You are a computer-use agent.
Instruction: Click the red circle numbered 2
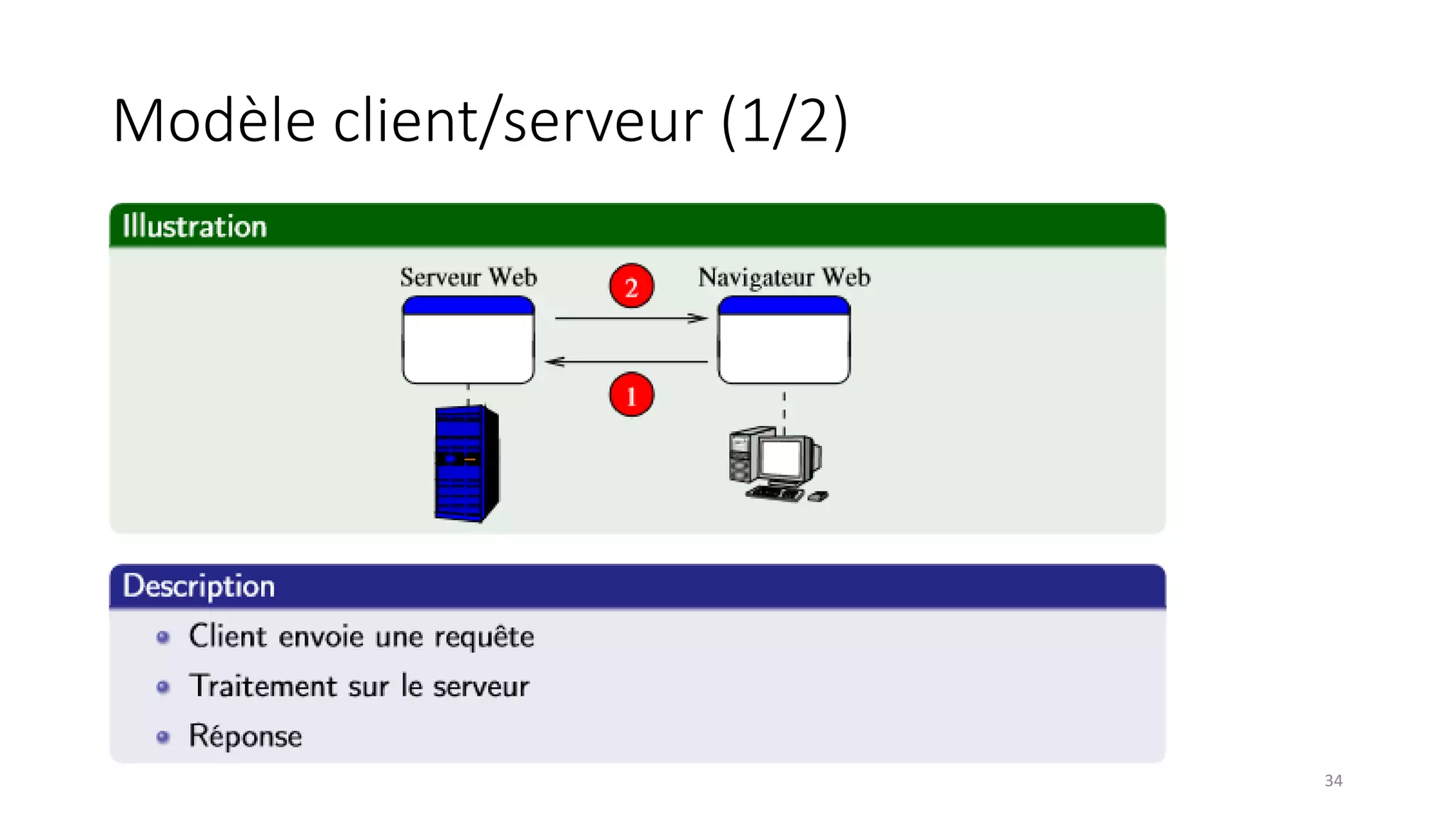pyautogui.click(x=631, y=286)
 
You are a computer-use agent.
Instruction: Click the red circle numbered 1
pyautogui.click(x=631, y=395)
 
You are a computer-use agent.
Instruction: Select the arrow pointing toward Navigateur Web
pyautogui.click(x=630, y=318)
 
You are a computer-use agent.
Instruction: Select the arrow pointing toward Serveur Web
pyautogui.click(x=626, y=361)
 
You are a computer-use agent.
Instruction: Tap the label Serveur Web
pyautogui.click(x=468, y=277)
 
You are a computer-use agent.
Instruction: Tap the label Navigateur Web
pyautogui.click(x=784, y=277)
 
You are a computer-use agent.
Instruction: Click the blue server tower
pyautogui.click(x=465, y=462)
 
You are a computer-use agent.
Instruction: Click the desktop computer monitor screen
pyautogui.click(x=782, y=458)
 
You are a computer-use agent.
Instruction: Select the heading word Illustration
pyautogui.click(x=195, y=227)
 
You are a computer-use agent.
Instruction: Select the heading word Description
pyautogui.click(x=199, y=587)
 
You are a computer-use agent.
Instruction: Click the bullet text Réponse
pyautogui.click(x=245, y=736)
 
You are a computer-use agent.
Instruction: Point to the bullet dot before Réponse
pyautogui.click(x=163, y=737)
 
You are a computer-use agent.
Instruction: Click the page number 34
pyautogui.click(x=1333, y=780)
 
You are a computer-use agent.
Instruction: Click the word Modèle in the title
pyautogui.click(x=214, y=121)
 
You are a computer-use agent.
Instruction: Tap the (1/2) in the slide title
pyautogui.click(x=784, y=121)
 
